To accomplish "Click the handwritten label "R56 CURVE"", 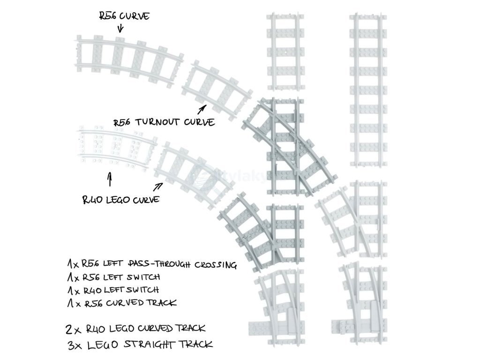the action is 124,17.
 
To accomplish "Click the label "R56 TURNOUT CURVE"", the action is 164,122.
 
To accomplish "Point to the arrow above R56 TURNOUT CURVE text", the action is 202,109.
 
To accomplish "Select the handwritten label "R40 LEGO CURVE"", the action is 120,199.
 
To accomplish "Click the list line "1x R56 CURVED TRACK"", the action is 121,303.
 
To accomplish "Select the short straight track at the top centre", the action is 284,52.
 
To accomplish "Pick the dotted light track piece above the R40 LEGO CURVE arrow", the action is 115,146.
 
